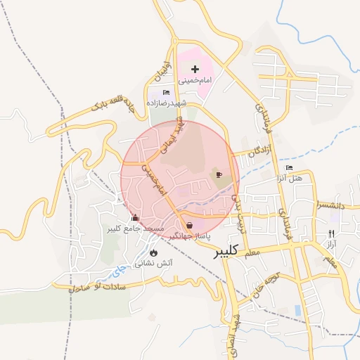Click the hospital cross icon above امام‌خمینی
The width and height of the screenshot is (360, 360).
click(195, 69)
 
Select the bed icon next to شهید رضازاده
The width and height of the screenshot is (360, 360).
click(166, 92)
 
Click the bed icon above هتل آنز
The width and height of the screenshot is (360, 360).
click(288, 167)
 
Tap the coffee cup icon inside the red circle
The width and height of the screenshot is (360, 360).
click(219, 174)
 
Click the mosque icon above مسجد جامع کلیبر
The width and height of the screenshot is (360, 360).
click(135, 217)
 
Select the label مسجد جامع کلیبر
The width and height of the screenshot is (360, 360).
click(135, 229)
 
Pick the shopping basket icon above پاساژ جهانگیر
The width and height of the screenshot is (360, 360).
click(190, 225)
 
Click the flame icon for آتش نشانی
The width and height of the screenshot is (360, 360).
click(153, 252)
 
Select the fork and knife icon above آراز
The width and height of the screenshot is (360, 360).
click(331, 233)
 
